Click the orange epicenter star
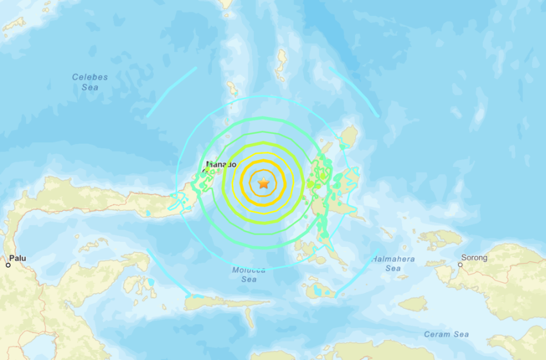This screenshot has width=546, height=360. point(263,184)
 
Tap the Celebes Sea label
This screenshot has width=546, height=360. point(90,82)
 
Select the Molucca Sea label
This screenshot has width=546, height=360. point(249,274)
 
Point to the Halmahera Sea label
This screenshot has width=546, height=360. point(392,264)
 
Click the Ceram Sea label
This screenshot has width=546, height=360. point(446,334)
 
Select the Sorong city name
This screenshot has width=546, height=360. point(474,258)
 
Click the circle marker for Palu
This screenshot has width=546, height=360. point(9,264)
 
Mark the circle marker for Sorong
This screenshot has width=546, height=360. point(461,264)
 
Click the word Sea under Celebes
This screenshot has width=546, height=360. point(90,87)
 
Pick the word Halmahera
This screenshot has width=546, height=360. point(392,259)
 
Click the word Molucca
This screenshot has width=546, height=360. point(249,270)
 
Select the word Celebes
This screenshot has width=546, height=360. point(90,77)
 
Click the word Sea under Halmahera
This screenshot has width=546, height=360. point(392,268)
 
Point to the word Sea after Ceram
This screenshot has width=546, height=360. point(461,334)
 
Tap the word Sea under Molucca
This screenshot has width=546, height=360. point(249,279)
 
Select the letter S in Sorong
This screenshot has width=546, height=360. point(464,258)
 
